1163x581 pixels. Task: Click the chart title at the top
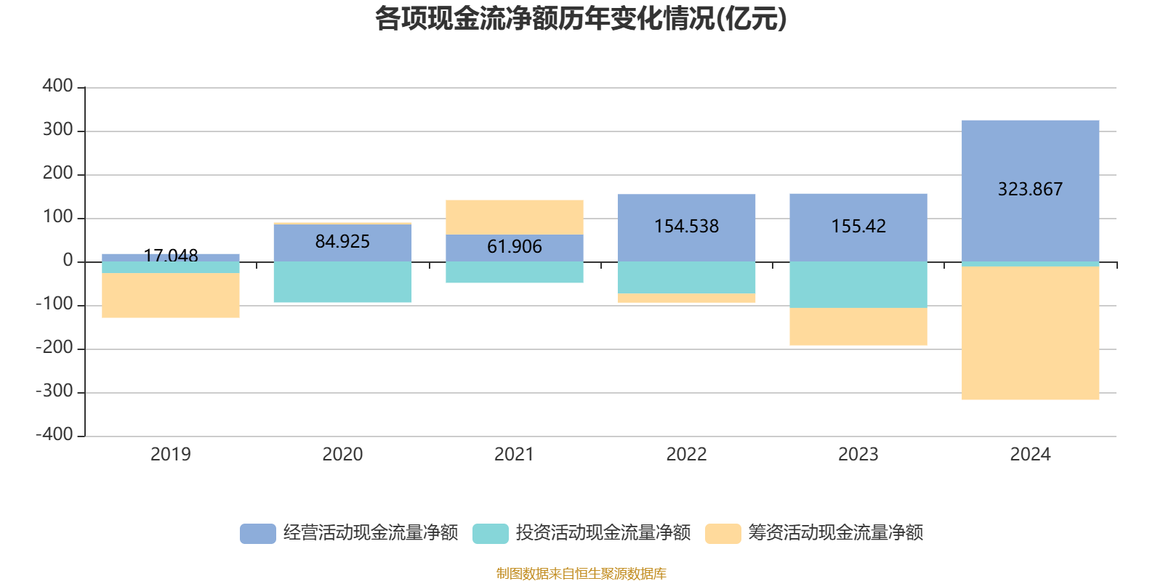click(581, 20)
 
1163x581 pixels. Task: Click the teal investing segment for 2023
click(858, 285)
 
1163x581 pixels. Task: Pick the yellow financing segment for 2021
click(514, 217)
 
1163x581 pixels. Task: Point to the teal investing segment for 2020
click(342, 282)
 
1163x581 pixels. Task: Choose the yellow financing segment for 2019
click(170, 295)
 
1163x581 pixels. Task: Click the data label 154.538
click(686, 227)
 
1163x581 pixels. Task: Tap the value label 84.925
click(342, 242)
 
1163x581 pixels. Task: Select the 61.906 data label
click(514, 247)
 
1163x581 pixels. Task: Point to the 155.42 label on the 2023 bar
click(858, 227)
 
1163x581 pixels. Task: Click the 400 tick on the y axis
click(57, 86)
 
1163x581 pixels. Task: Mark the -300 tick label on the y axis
click(55, 391)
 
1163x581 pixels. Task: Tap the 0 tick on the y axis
click(68, 261)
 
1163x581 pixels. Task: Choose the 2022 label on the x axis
click(686, 455)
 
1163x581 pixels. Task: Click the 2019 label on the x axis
click(170, 455)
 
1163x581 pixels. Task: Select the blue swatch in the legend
click(258, 534)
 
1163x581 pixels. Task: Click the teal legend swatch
click(491, 534)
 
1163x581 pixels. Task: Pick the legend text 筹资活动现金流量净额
click(836, 533)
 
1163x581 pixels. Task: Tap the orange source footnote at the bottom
click(581, 574)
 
